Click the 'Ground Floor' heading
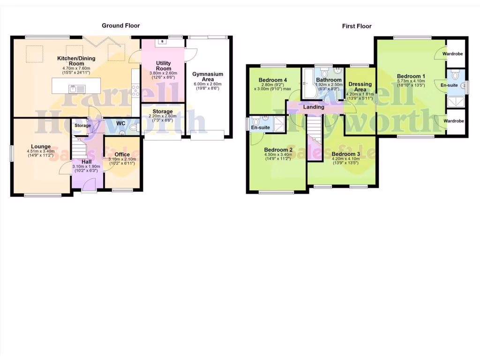[121, 26]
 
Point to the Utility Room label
[163, 66]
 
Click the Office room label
[122, 154]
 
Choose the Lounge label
[41, 146]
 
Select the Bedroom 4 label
[272, 80]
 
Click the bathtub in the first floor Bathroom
[310, 83]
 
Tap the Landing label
[314, 107]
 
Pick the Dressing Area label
[360, 87]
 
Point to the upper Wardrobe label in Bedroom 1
[453, 54]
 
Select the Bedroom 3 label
[345, 154]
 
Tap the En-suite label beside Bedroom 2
[261, 127]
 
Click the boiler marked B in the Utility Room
[162, 42]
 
